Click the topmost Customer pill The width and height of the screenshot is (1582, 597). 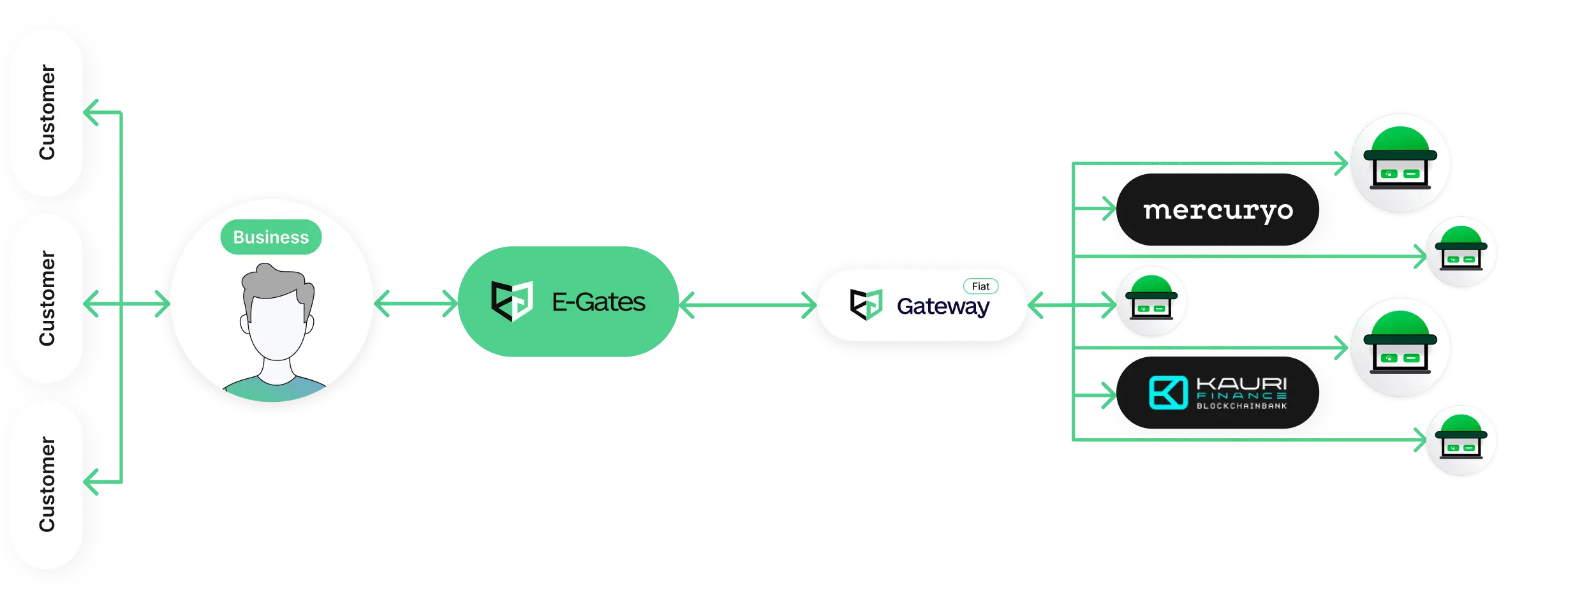coord(47,112)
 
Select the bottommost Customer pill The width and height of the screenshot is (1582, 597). coord(47,484)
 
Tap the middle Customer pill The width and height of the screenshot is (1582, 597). coord(47,298)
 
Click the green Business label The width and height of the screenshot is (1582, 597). coord(270,237)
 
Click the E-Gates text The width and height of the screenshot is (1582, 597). coord(598,302)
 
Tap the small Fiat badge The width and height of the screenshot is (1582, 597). coord(980,286)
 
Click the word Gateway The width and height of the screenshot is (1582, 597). coord(943,307)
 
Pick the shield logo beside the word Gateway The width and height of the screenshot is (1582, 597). coord(866,304)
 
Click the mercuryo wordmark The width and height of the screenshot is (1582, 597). coord(1218,210)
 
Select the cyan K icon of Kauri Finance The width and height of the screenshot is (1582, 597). coord(1168,392)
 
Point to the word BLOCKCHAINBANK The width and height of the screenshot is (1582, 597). coord(1241,406)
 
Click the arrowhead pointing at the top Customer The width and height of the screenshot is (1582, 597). coord(93,112)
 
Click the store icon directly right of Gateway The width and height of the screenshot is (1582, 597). coord(1151,302)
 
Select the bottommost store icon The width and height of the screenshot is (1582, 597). coord(1461,441)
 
